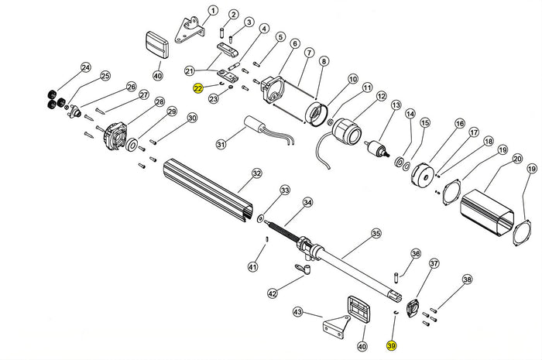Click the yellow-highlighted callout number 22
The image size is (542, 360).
[199, 89]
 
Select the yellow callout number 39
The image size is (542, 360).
[391, 347]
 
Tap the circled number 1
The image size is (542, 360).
[213, 11]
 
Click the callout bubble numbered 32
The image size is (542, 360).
[256, 173]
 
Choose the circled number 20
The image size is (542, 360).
[517, 159]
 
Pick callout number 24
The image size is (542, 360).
[85, 67]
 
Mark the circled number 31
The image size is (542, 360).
[221, 144]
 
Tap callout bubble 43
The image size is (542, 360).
[297, 312]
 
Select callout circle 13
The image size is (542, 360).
[396, 105]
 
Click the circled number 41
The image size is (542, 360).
[252, 267]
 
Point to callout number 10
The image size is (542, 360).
[353, 79]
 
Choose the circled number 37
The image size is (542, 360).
[434, 264]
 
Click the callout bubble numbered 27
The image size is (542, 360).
[143, 95]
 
